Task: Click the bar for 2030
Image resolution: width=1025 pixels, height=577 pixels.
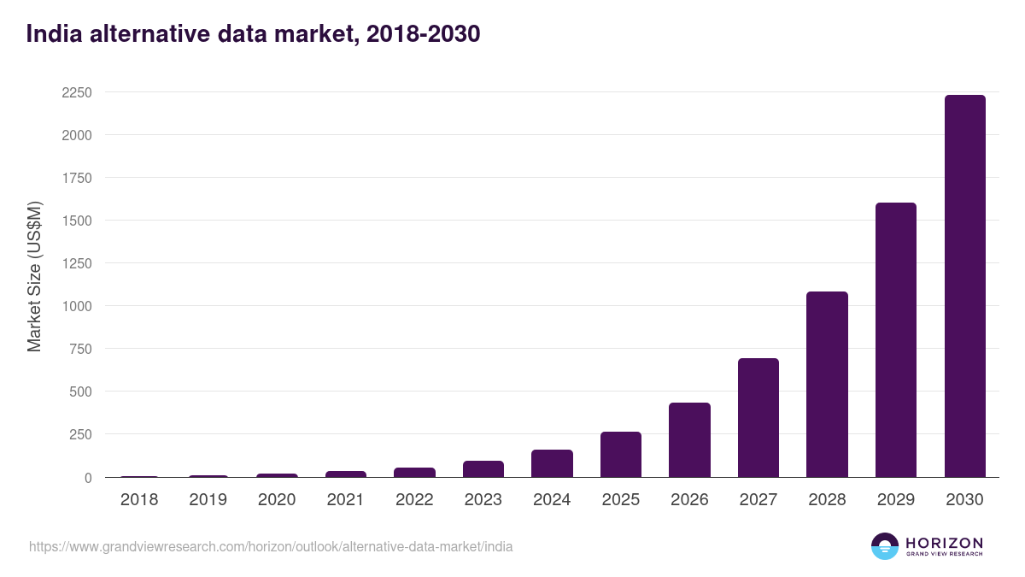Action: pos(964,286)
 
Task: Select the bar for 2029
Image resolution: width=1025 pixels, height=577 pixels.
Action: pos(896,340)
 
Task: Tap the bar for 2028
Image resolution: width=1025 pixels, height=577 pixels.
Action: pos(827,385)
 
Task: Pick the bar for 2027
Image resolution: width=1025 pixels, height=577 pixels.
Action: pos(758,418)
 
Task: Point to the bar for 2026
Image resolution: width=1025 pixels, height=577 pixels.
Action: pos(689,440)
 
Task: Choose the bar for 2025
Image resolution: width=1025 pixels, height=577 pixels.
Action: pos(621,455)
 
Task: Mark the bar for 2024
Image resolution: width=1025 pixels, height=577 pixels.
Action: pos(552,463)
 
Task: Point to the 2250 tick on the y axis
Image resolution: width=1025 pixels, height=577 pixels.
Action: pos(76,92)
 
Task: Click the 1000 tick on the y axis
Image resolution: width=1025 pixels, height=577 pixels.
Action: pos(76,306)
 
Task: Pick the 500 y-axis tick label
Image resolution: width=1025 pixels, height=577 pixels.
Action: pos(80,392)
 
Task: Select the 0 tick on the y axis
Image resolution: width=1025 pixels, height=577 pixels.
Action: pos(88,478)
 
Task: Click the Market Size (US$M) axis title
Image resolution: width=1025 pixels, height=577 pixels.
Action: pos(34,276)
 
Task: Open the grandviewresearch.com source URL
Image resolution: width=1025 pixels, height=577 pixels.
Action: pos(271,546)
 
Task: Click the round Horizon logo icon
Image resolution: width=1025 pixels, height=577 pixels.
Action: pos(885,546)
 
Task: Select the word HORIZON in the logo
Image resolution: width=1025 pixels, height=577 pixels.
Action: pos(944,543)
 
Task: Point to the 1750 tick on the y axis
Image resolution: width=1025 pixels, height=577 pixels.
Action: pos(76,178)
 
